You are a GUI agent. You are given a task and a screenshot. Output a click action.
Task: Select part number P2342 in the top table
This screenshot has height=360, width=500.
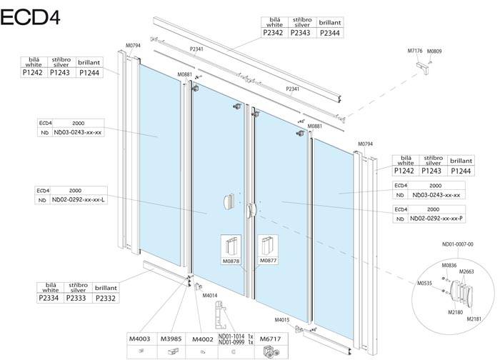point(274,32)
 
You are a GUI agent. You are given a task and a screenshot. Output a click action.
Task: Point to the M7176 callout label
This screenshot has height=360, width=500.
point(416,51)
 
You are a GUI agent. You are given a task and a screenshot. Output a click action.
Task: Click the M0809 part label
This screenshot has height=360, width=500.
point(435,51)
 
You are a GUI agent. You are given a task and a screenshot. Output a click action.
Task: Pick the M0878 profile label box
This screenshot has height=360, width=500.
point(232,261)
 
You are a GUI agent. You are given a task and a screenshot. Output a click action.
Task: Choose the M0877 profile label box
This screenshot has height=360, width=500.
point(267,261)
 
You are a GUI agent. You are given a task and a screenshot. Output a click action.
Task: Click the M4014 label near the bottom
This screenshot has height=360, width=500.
point(210,295)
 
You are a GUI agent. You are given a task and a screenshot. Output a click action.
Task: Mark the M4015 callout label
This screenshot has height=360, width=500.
point(282,320)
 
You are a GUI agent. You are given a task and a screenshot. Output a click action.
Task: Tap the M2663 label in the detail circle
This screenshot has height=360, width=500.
point(466,271)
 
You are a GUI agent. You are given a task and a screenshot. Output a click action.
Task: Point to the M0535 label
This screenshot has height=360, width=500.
point(425,284)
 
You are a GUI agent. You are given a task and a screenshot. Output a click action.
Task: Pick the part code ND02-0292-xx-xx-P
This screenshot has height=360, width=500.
point(436,219)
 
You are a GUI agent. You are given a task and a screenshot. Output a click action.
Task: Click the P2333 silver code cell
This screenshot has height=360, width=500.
point(76,298)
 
